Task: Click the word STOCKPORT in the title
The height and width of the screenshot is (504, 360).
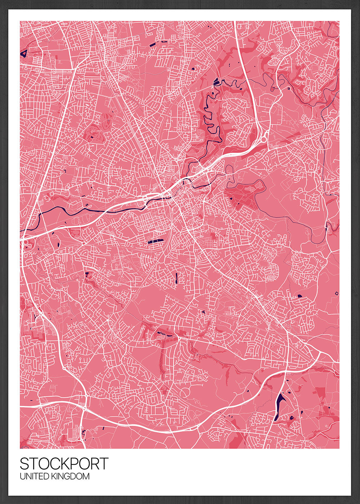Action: (64, 464)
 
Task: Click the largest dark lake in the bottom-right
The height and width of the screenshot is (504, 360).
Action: (278, 405)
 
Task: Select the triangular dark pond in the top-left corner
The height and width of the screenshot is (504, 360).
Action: (24, 54)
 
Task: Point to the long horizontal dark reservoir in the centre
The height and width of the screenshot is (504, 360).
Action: (155, 241)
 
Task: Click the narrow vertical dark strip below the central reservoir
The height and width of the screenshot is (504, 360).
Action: (176, 278)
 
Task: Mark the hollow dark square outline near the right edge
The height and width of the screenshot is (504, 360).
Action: (337, 293)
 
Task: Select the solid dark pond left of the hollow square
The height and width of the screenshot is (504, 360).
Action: (300, 296)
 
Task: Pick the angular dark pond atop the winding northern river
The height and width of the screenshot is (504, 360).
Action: (216, 82)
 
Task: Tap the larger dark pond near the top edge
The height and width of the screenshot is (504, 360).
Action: (153, 44)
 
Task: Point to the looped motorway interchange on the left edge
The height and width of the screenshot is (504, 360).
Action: (26, 244)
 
